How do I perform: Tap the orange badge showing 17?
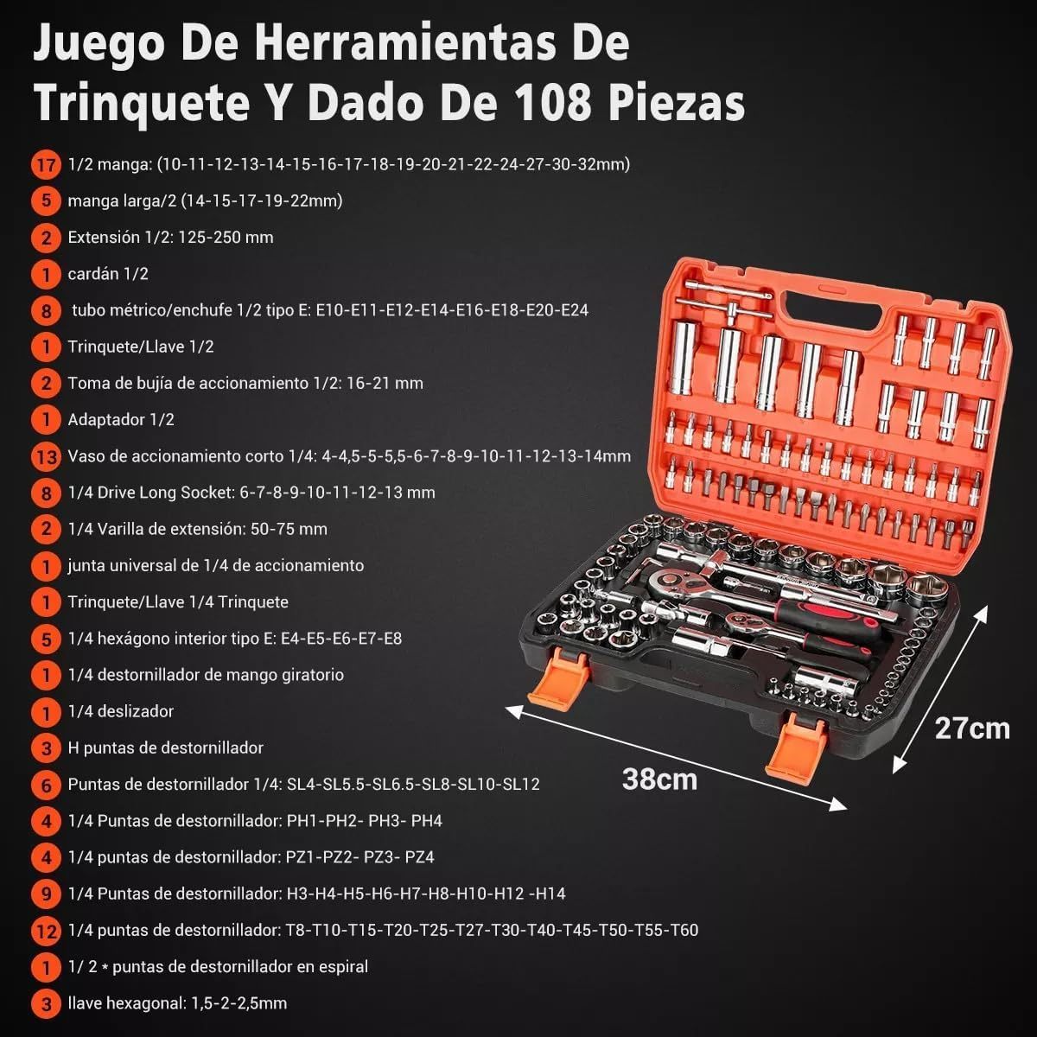47,164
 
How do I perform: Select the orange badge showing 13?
47,457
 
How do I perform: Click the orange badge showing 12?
47,931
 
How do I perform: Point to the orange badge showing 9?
47,894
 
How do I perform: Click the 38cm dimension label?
659,779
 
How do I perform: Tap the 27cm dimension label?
972,728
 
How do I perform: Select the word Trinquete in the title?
142,104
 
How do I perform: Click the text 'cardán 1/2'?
108,274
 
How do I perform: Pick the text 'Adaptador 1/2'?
121,420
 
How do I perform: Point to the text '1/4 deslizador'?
121,711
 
